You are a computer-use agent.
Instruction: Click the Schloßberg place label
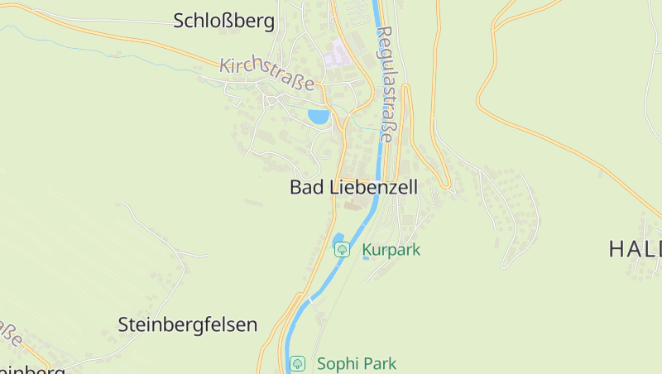tap(223, 22)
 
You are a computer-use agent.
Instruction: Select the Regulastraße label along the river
tap(386, 83)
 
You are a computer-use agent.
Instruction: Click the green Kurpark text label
tap(391, 249)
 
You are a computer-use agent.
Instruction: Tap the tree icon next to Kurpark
tap(341, 249)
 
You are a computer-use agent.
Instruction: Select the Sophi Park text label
tap(357, 363)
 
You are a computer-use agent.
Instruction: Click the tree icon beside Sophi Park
tap(298, 363)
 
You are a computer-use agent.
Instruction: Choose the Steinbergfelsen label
tap(188, 324)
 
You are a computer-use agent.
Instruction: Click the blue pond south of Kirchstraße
tap(319, 117)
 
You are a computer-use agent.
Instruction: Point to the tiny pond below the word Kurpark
tap(367, 258)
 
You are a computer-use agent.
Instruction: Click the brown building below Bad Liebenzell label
tap(353, 204)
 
